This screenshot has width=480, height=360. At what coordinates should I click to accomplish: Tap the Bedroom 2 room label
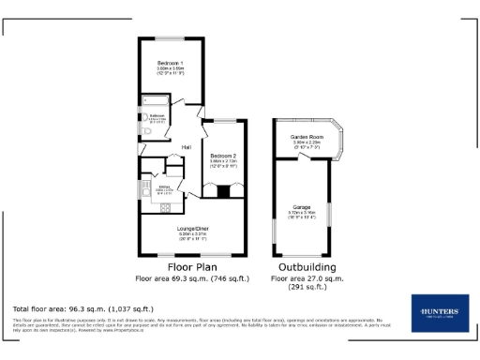[x=221, y=155]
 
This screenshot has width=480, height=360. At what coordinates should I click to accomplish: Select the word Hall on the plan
[x=187, y=147]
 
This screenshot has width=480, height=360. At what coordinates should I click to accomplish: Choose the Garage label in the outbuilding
[x=302, y=206]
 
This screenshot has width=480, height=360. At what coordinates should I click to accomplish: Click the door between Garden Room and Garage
[x=302, y=156]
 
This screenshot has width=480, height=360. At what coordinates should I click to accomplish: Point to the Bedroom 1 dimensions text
[x=170, y=71]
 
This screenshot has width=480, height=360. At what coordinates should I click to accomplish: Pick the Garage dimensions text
[x=302, y=215]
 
